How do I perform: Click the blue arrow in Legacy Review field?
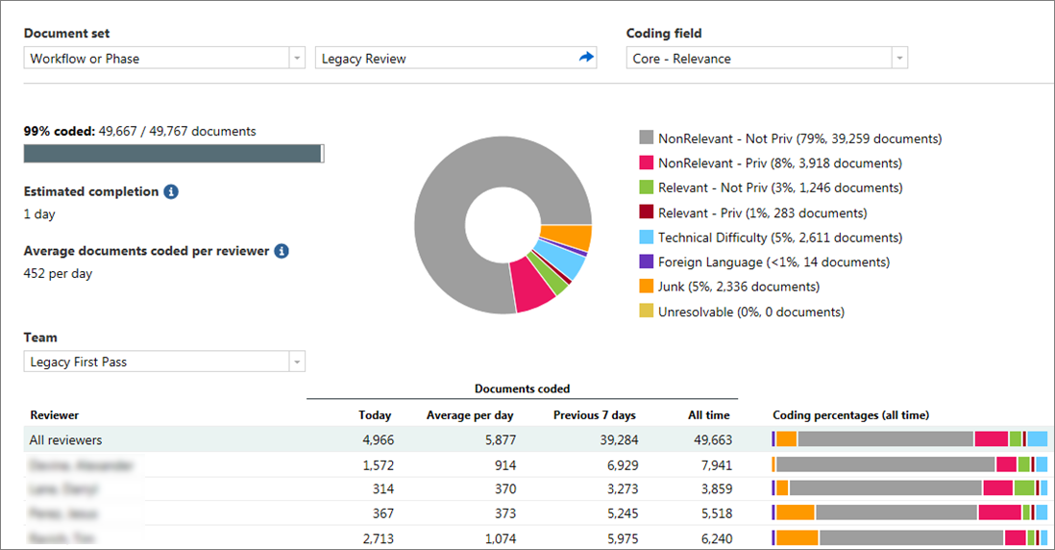coord(586,58)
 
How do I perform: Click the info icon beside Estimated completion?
coord(171,192)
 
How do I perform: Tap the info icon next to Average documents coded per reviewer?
coord(282,251)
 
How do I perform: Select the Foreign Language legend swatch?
coord(647,262)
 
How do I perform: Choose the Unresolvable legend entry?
coord(750,312)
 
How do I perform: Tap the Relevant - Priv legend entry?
coord(762,212)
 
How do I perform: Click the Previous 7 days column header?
coord(594,415)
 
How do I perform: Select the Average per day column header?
coord(470,415)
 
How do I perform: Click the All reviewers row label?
coord(66,440)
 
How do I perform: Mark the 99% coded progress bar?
coord(173,154)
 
